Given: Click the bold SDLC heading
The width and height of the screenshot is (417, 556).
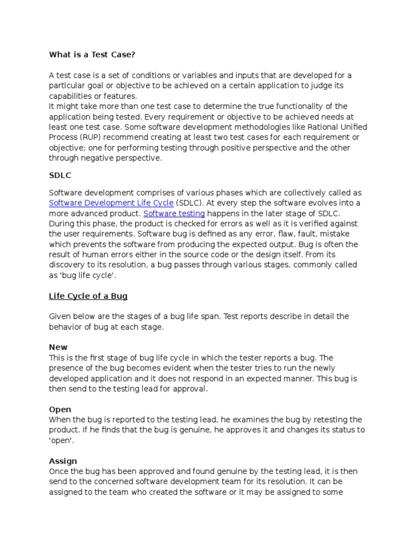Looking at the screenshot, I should click(60, 176).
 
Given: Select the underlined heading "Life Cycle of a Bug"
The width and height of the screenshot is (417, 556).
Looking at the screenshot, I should click(88, 296).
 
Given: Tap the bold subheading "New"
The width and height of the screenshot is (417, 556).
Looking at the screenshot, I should click(58, 347).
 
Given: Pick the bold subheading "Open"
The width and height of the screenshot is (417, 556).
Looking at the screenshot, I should click(60, 409).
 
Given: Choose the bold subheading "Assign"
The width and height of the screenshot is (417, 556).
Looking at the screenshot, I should click(63, 461).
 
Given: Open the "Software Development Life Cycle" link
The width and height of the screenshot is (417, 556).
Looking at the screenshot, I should click(111, 203).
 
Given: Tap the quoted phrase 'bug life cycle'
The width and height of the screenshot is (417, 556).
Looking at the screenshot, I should click(87, 275).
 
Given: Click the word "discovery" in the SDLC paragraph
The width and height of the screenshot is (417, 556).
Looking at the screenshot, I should click(67, 265).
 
